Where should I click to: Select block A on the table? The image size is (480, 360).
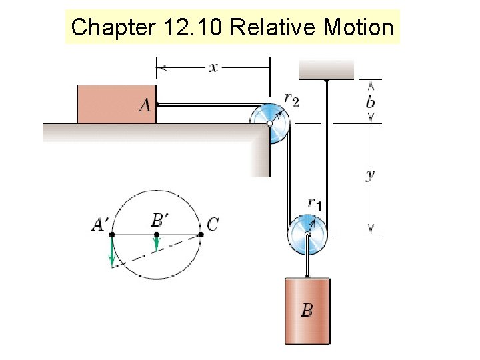pos(117,104)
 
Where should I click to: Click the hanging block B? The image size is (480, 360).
pos(307,311)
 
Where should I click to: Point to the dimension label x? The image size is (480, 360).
pos(213,67)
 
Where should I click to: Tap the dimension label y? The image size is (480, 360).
pos(371,175)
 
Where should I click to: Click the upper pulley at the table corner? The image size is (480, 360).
pos(270,123)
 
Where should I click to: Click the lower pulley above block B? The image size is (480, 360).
pos(307,235)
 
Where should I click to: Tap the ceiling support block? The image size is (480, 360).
pos(327,69)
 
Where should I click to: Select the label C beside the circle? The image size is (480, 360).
pos(212,225)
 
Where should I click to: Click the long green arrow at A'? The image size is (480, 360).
pos(112,251)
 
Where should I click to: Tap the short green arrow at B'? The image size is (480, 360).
pos(156,244)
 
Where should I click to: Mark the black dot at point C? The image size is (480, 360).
pos(200,235)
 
